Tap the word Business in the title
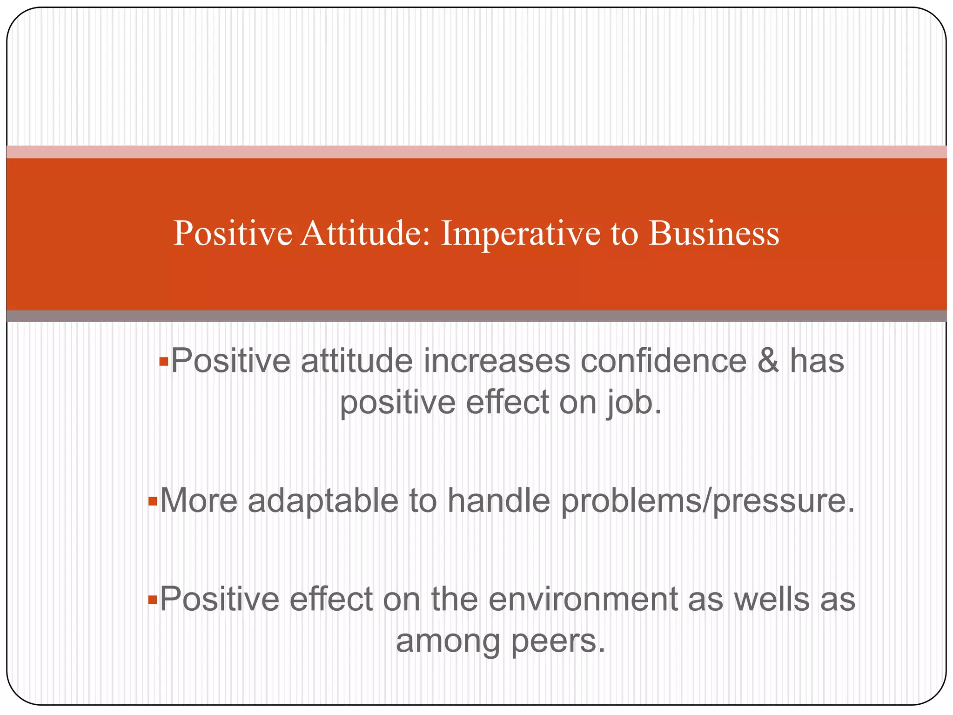tap(713, 233)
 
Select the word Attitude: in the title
tap(366, 233)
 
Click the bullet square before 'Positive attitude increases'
tap(163, 362)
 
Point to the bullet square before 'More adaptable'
tap(152, 502)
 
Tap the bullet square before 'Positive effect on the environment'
tap(152, 600)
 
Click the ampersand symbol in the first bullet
tap(768, 361)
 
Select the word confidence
tap(664, 361)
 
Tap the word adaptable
tap(323, 501)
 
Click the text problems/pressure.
tap(708, 502)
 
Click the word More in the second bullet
tap(199, 501)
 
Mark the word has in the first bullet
tap(817, 361)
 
